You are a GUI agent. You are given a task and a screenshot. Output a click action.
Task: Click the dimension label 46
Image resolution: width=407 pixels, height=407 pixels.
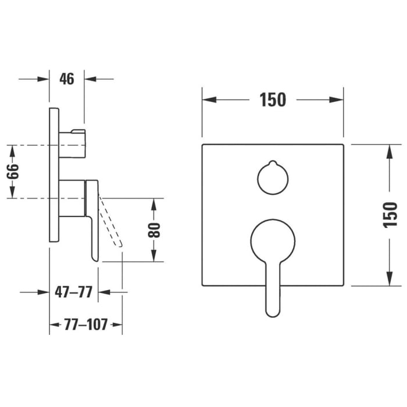point(67,78)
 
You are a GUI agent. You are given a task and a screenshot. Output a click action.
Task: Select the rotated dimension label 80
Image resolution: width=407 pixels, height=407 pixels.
point(154,230)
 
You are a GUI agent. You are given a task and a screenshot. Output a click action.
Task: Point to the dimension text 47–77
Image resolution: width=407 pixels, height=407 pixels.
point(73,292)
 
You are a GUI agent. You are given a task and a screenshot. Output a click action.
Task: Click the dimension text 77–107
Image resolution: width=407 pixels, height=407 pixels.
point(85,324)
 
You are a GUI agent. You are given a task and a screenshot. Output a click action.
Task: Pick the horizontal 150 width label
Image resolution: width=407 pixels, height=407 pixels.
point(273,100)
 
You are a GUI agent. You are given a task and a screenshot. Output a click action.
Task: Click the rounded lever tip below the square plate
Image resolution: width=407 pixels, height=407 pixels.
point(273,308)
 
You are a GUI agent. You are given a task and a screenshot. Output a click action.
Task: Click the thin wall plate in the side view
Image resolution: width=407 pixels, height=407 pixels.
point(53,174)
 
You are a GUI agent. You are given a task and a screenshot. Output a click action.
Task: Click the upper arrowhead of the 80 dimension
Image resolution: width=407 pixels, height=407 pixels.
point(154,205)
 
